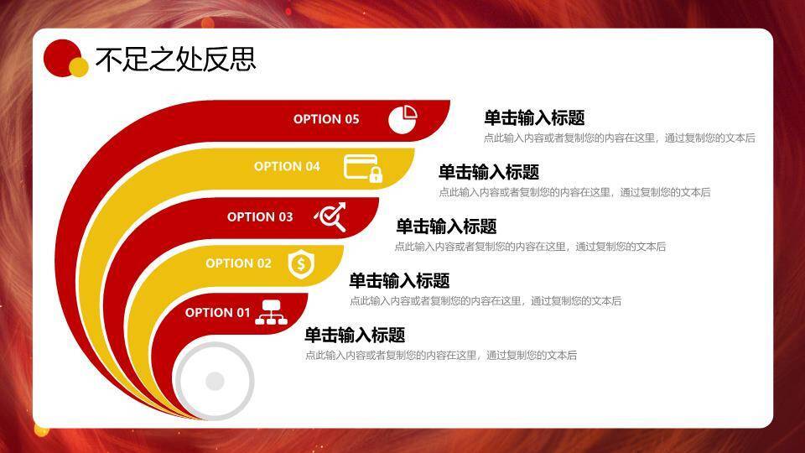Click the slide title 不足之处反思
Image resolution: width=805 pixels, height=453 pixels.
175,59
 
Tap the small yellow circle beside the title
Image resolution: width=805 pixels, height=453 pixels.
79,67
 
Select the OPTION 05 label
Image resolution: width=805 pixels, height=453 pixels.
326,119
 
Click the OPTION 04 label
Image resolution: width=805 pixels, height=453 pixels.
287,166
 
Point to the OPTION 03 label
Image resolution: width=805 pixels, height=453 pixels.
260,216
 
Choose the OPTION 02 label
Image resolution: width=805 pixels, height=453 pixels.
238,263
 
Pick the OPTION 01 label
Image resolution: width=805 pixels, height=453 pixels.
217,313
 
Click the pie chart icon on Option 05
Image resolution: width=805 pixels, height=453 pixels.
402,119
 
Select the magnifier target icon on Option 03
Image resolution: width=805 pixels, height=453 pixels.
330,217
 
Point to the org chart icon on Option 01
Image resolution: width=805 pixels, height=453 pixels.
271,312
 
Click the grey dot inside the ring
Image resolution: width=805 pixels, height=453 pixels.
215,382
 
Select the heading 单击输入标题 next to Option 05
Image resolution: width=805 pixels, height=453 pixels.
534,118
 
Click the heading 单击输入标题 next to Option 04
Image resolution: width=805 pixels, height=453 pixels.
489,172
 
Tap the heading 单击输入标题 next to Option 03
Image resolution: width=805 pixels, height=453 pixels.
446,226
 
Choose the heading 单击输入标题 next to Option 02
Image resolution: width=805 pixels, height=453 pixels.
399,281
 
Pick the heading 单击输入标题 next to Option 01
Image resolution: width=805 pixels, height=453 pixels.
355,336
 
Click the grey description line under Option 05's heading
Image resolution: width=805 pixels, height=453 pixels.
619,138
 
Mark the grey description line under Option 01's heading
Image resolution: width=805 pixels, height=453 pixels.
440,356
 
